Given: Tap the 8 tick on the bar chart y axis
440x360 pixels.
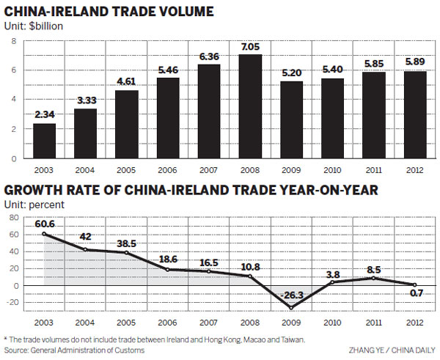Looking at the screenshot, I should click(14, 41).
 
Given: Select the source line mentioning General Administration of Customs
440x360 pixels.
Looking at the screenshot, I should click(73, 350).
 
